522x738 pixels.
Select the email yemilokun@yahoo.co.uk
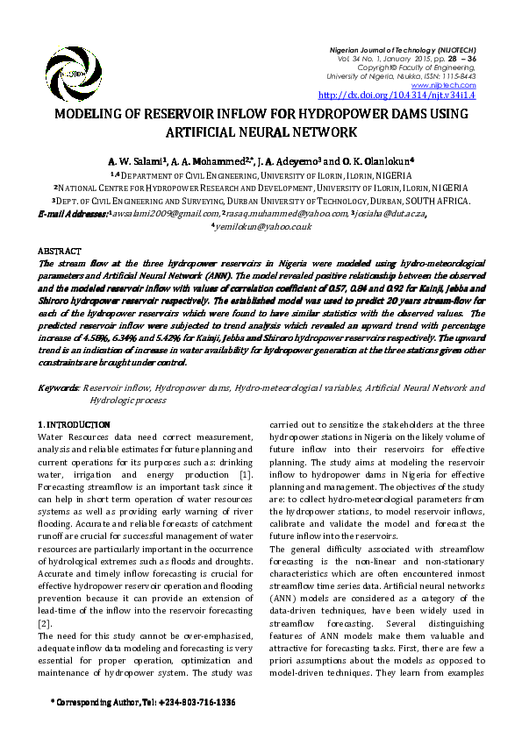coord(263,225)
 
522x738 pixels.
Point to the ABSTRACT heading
coord(61,251)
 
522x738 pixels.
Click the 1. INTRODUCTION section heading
coord(75,425)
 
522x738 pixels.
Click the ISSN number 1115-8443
coord(457,75)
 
